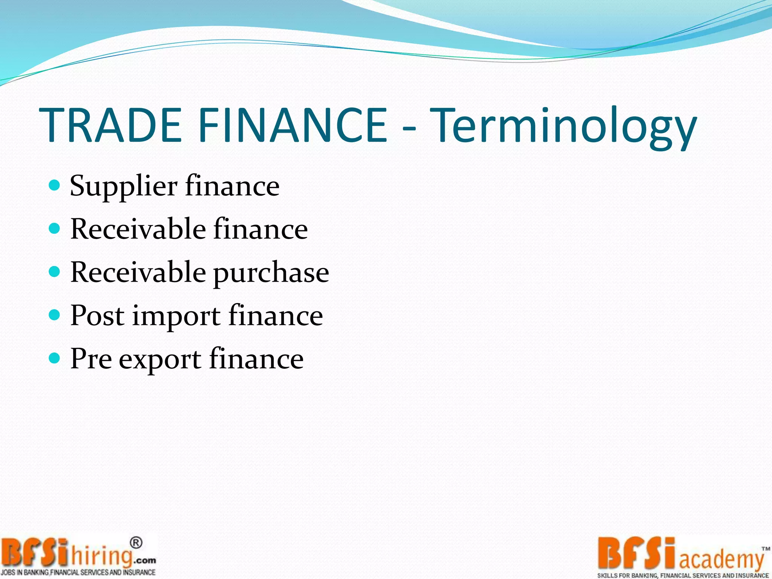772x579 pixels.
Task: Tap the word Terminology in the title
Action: pos(563,126)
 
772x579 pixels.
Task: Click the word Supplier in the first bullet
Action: pos(124,186)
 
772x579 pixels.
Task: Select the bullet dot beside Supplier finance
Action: pos(55,185)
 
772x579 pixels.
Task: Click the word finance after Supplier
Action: pos(232,185)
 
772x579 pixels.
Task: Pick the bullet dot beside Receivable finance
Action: pos(55,228)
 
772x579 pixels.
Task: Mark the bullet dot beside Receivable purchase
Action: pos(55,271)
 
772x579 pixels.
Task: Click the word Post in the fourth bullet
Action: pos(97,315)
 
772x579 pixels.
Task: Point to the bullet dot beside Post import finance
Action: pos(55,314)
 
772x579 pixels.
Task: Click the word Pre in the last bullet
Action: pos(91,358)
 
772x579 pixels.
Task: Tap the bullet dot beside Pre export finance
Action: pos(55,358)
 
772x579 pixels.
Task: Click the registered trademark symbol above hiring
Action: pos(136,543)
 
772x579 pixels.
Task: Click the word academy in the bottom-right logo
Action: pos(721,559)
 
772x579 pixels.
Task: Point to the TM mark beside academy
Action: pos(766,549)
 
